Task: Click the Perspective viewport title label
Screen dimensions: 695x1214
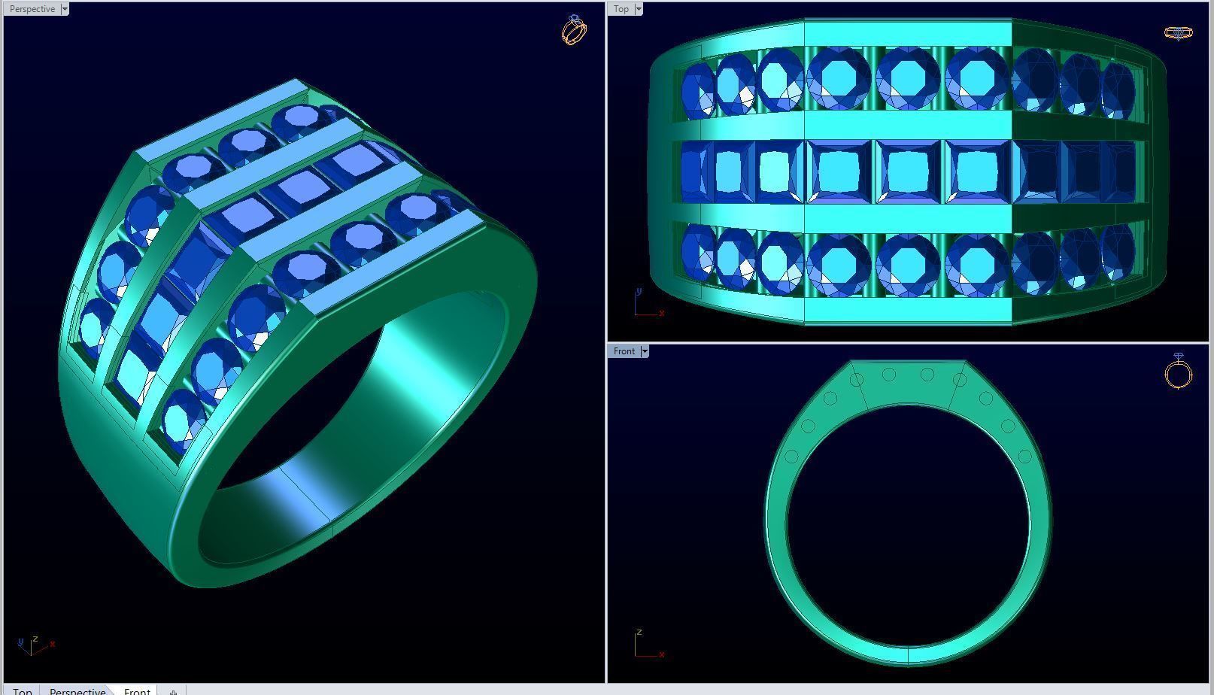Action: point(32,9)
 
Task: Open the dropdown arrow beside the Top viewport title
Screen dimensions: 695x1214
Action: point(639,9)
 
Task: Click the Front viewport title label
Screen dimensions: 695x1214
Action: point(624,351)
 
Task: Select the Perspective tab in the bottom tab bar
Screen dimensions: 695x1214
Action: point(77,690)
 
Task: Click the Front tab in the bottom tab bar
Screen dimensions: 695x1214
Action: point(137,690)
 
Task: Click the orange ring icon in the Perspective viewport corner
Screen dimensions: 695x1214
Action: point(574,30)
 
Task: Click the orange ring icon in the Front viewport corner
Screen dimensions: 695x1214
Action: point(1178,372)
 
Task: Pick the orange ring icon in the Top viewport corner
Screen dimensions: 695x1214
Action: point(1177,32)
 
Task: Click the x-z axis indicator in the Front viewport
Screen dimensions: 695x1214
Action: point(647,645)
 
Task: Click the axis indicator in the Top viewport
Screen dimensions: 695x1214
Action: point(648,303)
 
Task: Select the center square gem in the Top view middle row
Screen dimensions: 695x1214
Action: point(907,171)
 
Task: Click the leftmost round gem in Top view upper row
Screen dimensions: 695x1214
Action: point(697,90)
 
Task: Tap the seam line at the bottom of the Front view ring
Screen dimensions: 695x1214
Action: point(908,656)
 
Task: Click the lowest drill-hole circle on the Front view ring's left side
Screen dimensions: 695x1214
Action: point(791,456)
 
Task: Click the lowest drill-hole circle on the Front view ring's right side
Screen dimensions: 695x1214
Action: point(1024,456)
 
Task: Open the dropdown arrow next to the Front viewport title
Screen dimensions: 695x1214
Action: point(645,351)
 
